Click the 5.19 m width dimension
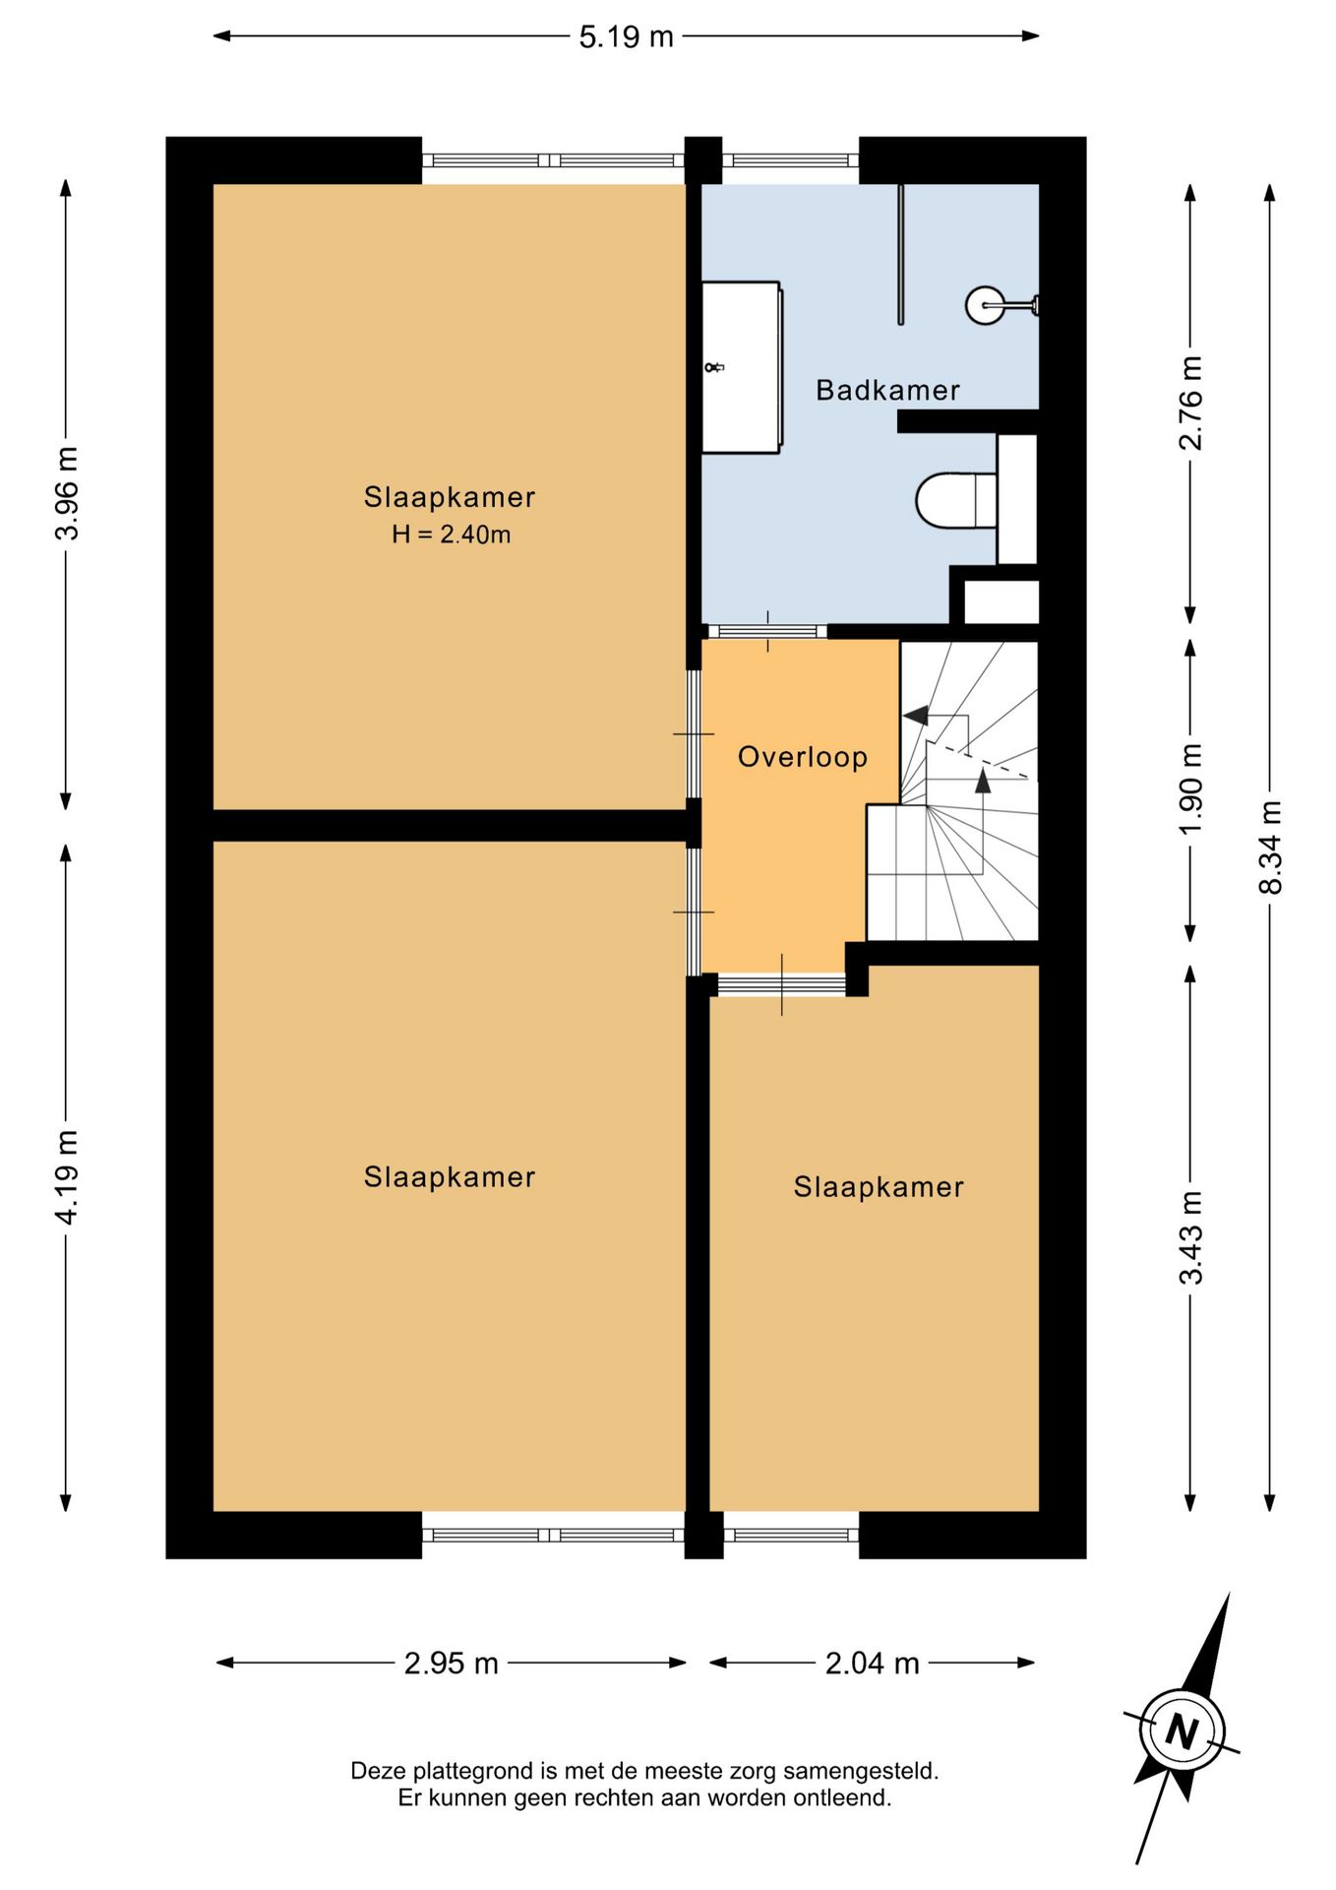[x=626, y=36]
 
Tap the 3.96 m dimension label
[x=66, y=493]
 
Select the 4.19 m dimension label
[x=66, y=1177]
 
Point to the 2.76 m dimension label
[x=1190, y=403]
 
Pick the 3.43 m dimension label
[x=1190, y=1237]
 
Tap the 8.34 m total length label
[x=1270, y=848]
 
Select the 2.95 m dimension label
[x=452, y=1663]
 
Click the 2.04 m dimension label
[x=872, y=1663]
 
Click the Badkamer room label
[x=887, y=390]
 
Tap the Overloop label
[x=803, y=757]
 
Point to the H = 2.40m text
[x=451, y=535]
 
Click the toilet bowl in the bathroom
[x=956, y=500]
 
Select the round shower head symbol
[x=985, y=305]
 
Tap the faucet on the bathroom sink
[x=714, y=367]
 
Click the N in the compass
[x=1182, y=1730]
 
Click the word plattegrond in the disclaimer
[x=475, y=1771]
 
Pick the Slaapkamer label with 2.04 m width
[x=879, y=1187]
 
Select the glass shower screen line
[x=900, y=254]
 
